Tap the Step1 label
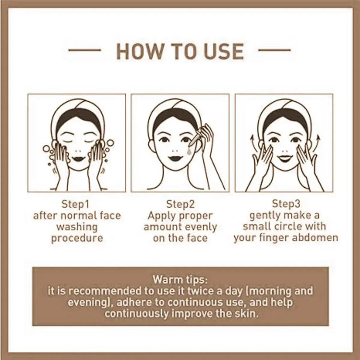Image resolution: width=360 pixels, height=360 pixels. click(x=75, y=204)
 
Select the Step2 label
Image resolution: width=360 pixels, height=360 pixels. click(x=180, y=204)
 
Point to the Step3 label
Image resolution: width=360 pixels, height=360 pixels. click(x=286, y=204)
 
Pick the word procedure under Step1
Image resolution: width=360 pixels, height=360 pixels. click(x=77, y=238)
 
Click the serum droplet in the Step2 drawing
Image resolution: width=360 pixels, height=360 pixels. click(x=189, y=151)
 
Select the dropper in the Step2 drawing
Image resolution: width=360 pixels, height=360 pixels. click(x=194, y=139)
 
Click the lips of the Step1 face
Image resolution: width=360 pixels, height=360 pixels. click(x=78, y=159)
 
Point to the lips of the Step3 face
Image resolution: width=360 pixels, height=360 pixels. click(x=285, y=158)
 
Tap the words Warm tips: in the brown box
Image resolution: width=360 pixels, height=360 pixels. click(x=180, y=279)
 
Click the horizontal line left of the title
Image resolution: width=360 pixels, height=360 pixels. click(x=84, y=50)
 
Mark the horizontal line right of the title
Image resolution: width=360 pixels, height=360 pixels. click(x=275, y=50)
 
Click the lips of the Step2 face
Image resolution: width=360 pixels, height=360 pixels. click(x=175, y=158)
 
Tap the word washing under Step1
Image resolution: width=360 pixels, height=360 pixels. click(x=77, y=227)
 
